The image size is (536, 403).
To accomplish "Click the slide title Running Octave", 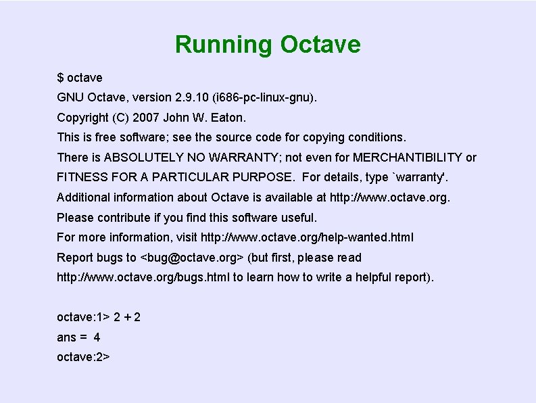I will (x=268, y=45).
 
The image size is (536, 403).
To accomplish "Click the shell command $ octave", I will (x=80, y=78).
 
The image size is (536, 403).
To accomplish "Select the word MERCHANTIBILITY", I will (x=408, y=158).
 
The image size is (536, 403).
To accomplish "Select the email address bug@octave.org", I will (x=191, y=258).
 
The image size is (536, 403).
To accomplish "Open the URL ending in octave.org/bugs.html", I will (x=143, y=277).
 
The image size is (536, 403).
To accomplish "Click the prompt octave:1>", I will (x=83, y=317).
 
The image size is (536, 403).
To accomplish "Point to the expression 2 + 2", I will (x=127, y=317).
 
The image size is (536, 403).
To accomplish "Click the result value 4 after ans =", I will (x=97, y=337).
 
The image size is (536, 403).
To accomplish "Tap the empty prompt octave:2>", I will (x=83, y=356).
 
